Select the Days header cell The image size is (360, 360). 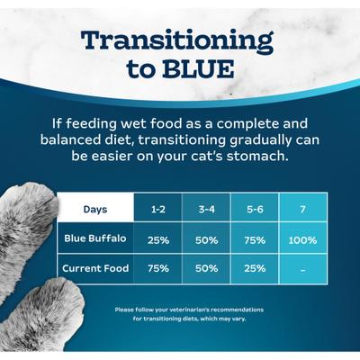[95, 210]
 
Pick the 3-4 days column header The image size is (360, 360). [205, 210]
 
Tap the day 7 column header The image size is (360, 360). [302, 210]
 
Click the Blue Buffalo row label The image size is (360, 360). [96, 239]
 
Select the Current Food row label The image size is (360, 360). [95, 268]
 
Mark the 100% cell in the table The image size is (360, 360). [302, 240]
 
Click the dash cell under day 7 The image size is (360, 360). [302, 269]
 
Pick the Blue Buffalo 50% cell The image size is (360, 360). [205, 240]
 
